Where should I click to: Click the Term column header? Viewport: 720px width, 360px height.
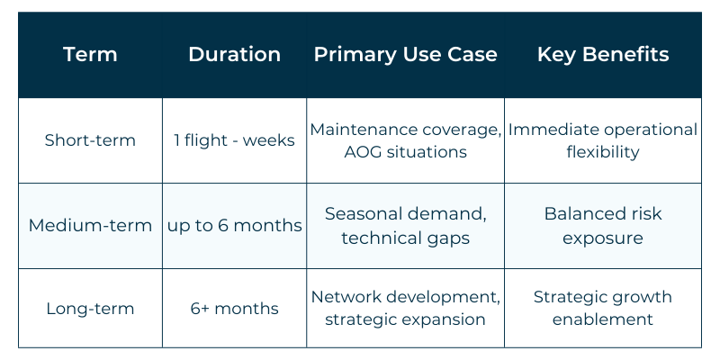click(x=90, y=54)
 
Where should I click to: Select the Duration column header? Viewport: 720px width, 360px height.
click(x=234, y=54)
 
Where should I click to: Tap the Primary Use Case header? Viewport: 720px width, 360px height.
click(x=405, y=54)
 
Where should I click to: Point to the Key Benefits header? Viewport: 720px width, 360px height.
click(x=603, y=54)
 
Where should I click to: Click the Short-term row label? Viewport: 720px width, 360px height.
click(x=90, y=140)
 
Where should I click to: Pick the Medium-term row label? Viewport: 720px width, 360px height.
click(x=90, y=225)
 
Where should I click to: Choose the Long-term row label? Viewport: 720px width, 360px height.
click(x=90, y=309)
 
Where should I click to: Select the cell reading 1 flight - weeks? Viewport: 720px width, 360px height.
click(x=234, y=140)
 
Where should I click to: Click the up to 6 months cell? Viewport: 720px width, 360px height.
click(x=234, y=225)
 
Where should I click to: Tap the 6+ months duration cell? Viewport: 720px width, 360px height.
click(x=234, y=309)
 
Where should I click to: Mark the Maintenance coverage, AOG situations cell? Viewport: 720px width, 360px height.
click(x=405, y=140)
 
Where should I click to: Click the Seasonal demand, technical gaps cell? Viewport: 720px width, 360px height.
click(x=405, y=225)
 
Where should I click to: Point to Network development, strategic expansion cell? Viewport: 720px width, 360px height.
click(x=405, y=309)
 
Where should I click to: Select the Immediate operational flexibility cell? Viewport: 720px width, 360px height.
click(x=603, y=140)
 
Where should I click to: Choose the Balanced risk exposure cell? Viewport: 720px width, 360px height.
click(x=603, y=225)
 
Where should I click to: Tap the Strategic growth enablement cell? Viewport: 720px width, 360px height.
click(x=603, y=309)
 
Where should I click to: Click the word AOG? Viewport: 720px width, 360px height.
click(x=364, y=152)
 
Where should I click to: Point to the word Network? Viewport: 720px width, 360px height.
click(x=346, y=297)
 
